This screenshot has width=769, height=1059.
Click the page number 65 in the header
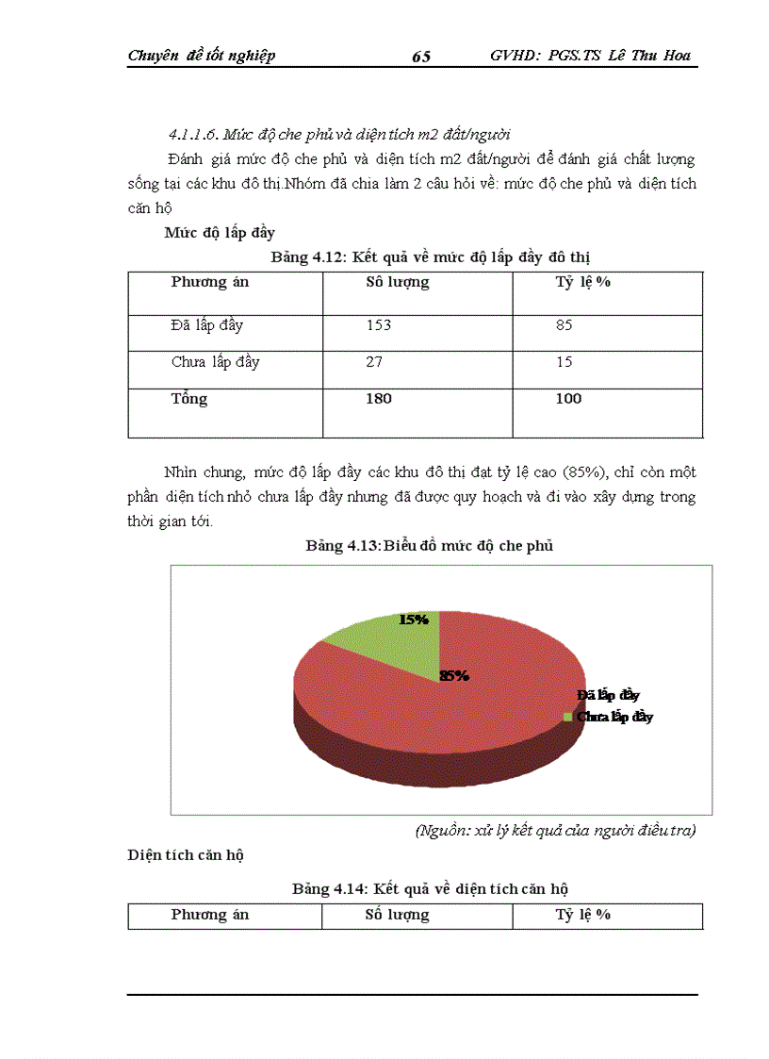pyautogui.click(x=421, y=57)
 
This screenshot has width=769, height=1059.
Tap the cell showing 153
pyautogui.click(x=378, y=325)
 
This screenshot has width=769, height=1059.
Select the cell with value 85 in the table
pyautogui.click(x=564, y=325)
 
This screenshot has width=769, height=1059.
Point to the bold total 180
pyautogui.click(x=378, y=399)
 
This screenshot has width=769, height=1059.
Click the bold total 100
pyautogui.click(x=568, y=399)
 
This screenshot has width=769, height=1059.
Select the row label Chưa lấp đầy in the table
pyautogui.click(x=216, y=362)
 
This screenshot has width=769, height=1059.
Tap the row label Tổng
pyautogui.click(x=189, y=399)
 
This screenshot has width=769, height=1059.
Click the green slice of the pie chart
pyautogui.click(x=396, y=637)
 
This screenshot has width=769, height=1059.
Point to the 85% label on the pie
pyautogui.click(x=454, y=675)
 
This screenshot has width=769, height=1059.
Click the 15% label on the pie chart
pyautogui.click(x=414, y=620)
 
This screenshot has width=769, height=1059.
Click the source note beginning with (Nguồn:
pyautogui.click(x=555, y=831)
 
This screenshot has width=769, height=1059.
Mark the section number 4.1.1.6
pyautogui.click(x=194, y=133)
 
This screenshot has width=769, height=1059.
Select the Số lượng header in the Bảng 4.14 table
pyautogui.click(x=397, y=915)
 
